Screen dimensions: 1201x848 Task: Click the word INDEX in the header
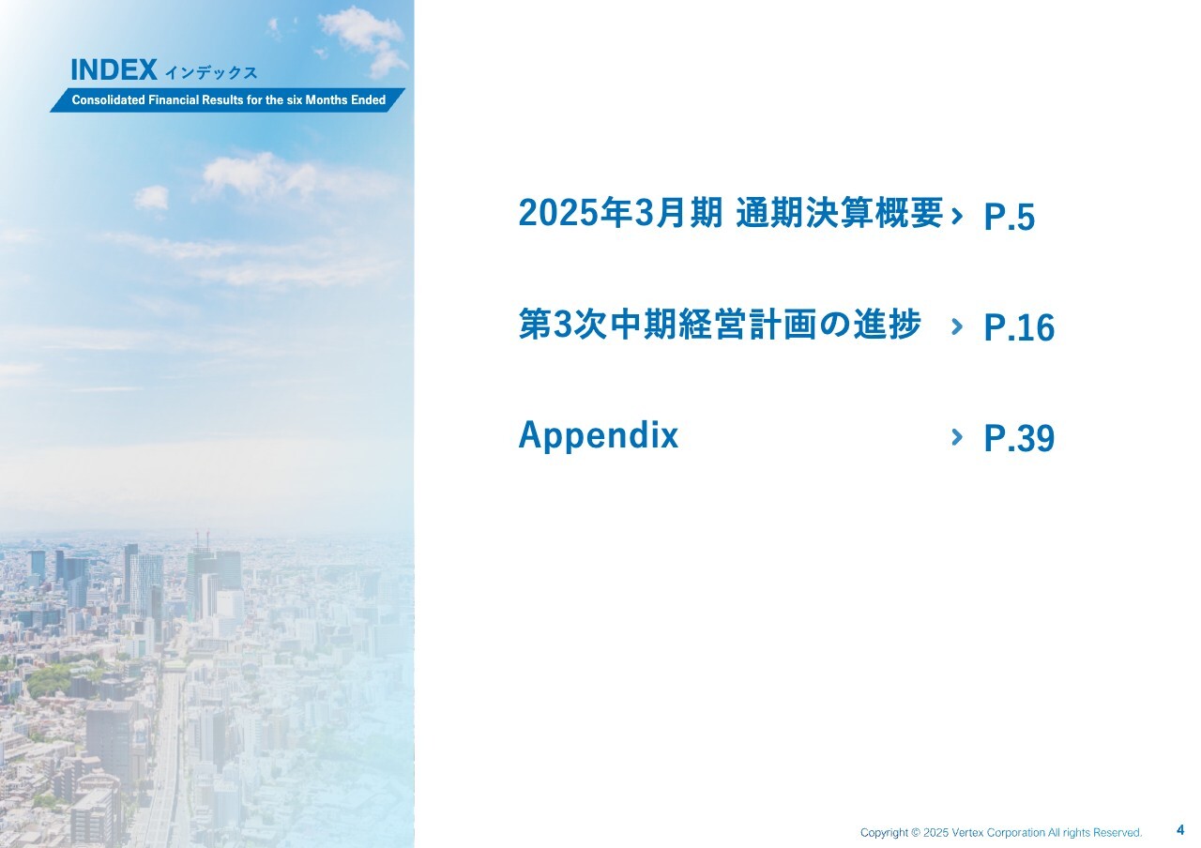pos(114,70)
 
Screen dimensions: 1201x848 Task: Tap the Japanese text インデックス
pos(211,73)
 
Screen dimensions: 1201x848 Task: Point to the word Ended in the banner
pos(369,100)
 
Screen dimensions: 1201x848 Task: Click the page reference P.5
pos(1009,217)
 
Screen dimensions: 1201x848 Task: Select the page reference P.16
pos(1019,327)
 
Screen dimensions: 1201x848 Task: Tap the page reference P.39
pos(1019,438)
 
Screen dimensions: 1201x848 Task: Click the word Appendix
pos(599,436)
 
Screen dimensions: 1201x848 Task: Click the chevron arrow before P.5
pos(957,216)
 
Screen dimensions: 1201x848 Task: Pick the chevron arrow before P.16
pos(957,326)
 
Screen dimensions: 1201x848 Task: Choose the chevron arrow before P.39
pos(957,437)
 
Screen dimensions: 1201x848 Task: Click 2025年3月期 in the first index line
pos(620,213)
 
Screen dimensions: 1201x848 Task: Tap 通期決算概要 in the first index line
pos(840,213)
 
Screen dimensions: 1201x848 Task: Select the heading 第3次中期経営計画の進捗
pos(720,324)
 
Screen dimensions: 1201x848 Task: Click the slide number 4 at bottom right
pos(1180,830)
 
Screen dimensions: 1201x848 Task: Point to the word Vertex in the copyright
pos(967,832)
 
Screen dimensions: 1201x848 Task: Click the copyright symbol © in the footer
pos(915,832)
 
